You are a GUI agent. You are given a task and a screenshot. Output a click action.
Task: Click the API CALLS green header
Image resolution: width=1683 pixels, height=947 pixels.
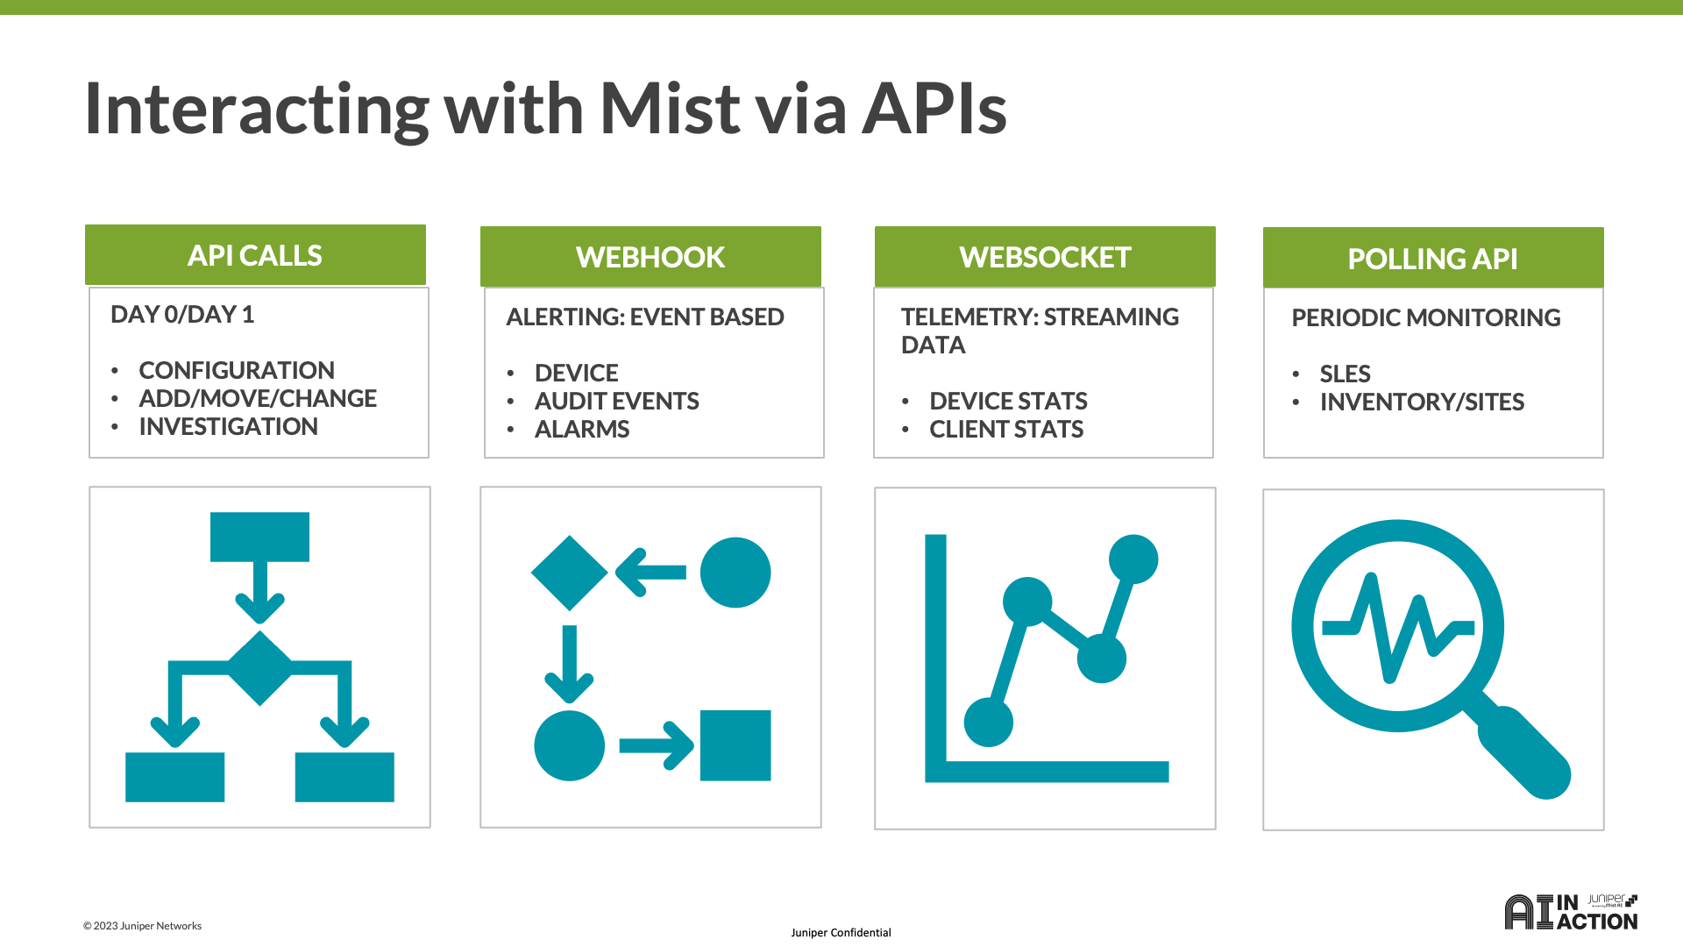(255, 255)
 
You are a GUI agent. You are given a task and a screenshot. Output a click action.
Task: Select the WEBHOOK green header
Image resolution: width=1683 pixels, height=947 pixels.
(650, 257)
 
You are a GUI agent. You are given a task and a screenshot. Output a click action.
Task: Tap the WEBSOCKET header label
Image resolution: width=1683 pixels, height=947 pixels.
(1045, 257)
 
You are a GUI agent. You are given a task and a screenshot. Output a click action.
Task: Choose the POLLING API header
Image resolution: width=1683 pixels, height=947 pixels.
(1432, 259)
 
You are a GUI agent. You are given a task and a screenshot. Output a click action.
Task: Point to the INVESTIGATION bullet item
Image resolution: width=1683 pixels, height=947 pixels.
(228, 427)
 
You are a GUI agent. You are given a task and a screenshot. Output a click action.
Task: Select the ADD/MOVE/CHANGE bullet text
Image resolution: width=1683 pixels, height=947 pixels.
(258, 399)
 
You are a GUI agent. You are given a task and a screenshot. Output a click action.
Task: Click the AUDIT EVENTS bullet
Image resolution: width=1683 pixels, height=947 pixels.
(616, 402)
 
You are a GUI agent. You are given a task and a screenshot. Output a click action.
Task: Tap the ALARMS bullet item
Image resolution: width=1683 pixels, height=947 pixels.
(582, 430)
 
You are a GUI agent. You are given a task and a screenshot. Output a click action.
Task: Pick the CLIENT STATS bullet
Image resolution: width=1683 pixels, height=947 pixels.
(1006, 430)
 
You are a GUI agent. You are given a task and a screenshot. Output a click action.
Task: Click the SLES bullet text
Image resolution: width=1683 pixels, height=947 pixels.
(1345, 374)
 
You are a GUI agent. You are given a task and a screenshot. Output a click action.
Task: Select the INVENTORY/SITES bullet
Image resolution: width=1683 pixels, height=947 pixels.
(1422, 402)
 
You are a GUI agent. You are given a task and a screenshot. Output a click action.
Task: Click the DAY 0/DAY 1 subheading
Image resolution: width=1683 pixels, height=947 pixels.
(182, 315)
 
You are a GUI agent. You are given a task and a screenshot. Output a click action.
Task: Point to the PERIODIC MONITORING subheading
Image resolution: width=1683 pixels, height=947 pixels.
(1426, 318)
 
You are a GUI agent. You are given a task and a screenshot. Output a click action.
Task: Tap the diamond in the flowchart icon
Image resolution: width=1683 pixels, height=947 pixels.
(259, 667)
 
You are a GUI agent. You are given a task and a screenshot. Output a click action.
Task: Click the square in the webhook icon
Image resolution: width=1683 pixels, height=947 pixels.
(735, 745)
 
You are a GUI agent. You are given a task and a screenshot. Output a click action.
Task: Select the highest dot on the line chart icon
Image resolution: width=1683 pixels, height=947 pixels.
(1133, 559)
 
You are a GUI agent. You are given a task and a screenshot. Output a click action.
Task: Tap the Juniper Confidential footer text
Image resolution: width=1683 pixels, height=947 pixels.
(841, 933)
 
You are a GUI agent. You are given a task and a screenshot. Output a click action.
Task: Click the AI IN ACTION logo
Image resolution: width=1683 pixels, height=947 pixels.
(1571, 913)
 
